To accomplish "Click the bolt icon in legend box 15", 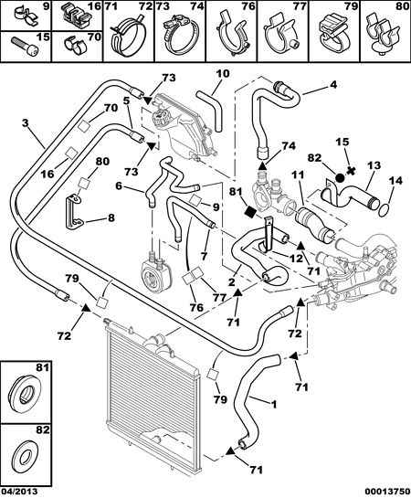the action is [x=25, y=46].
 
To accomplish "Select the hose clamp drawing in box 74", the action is [x=180, y=35].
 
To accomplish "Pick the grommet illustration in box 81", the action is [x=24, y=393].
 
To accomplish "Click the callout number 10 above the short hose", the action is [x=223, y=74].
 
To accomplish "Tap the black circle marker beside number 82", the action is [x=339, y=178].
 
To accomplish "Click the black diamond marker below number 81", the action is [x=251, y=212].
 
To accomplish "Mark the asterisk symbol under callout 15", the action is [x=351, y=171].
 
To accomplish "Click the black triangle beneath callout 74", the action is [x=262, y=165].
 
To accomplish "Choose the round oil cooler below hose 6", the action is [x=153, y=269].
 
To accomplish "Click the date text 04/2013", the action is [x=19, y=492].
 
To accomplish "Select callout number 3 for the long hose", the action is [x=26, y=122].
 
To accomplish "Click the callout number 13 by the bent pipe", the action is [x=374, y=165].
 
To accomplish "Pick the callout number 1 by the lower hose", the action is [x=274, y=404].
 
